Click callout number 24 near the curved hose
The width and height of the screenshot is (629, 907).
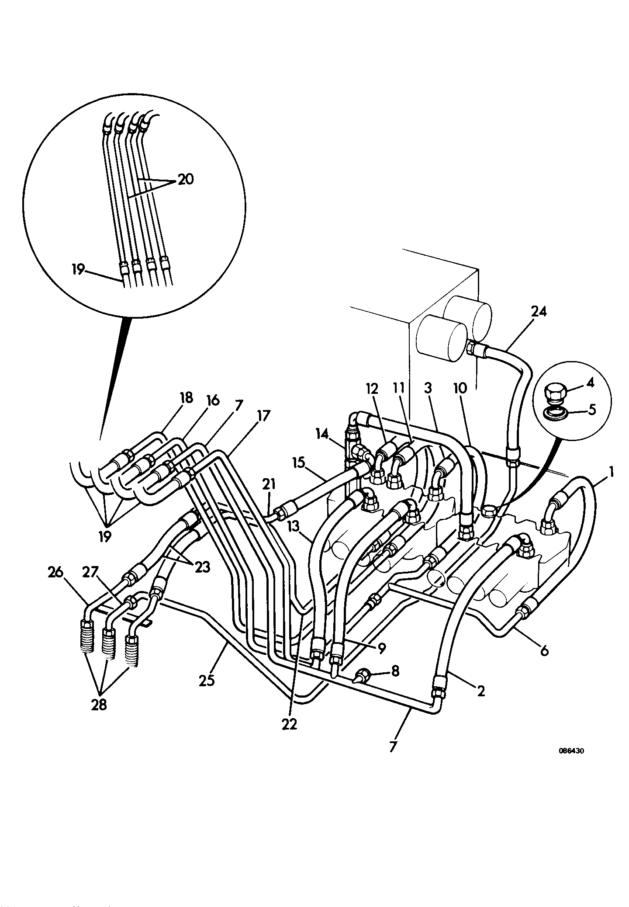pos(539,312)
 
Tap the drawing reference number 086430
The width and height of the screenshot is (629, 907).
pos(571,751)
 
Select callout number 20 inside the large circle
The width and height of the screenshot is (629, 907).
pos(186,179)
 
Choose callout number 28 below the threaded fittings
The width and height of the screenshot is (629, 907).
pos(99,705)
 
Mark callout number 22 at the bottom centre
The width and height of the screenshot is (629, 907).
pos(289,724)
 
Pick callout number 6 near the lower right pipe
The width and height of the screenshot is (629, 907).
pos(544,651)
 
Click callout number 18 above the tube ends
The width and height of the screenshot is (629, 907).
pos(186,398)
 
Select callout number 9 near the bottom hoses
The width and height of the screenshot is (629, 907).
pos(381,649)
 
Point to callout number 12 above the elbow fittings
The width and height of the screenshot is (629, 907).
pos(373,388)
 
